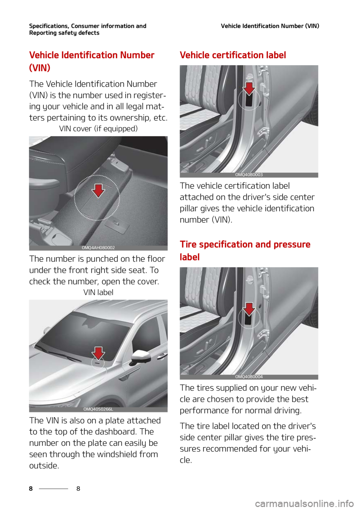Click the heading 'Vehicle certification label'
tap(232, 55)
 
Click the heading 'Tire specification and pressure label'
tap(245, 250)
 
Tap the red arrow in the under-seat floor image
tap(98, 190)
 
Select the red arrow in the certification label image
tap(249, 88)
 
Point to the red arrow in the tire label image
tap(249, 309)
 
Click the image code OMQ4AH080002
tap(98, 248)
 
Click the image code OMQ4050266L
tap(98, 409)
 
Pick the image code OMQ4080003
tap(249, 175)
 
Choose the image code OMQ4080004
tap(249, 377)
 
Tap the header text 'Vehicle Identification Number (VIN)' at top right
tap(270, 26)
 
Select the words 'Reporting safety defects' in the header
tap(64, 33)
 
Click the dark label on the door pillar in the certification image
tap(249, 100)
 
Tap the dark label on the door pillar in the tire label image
tap(249, 319)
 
